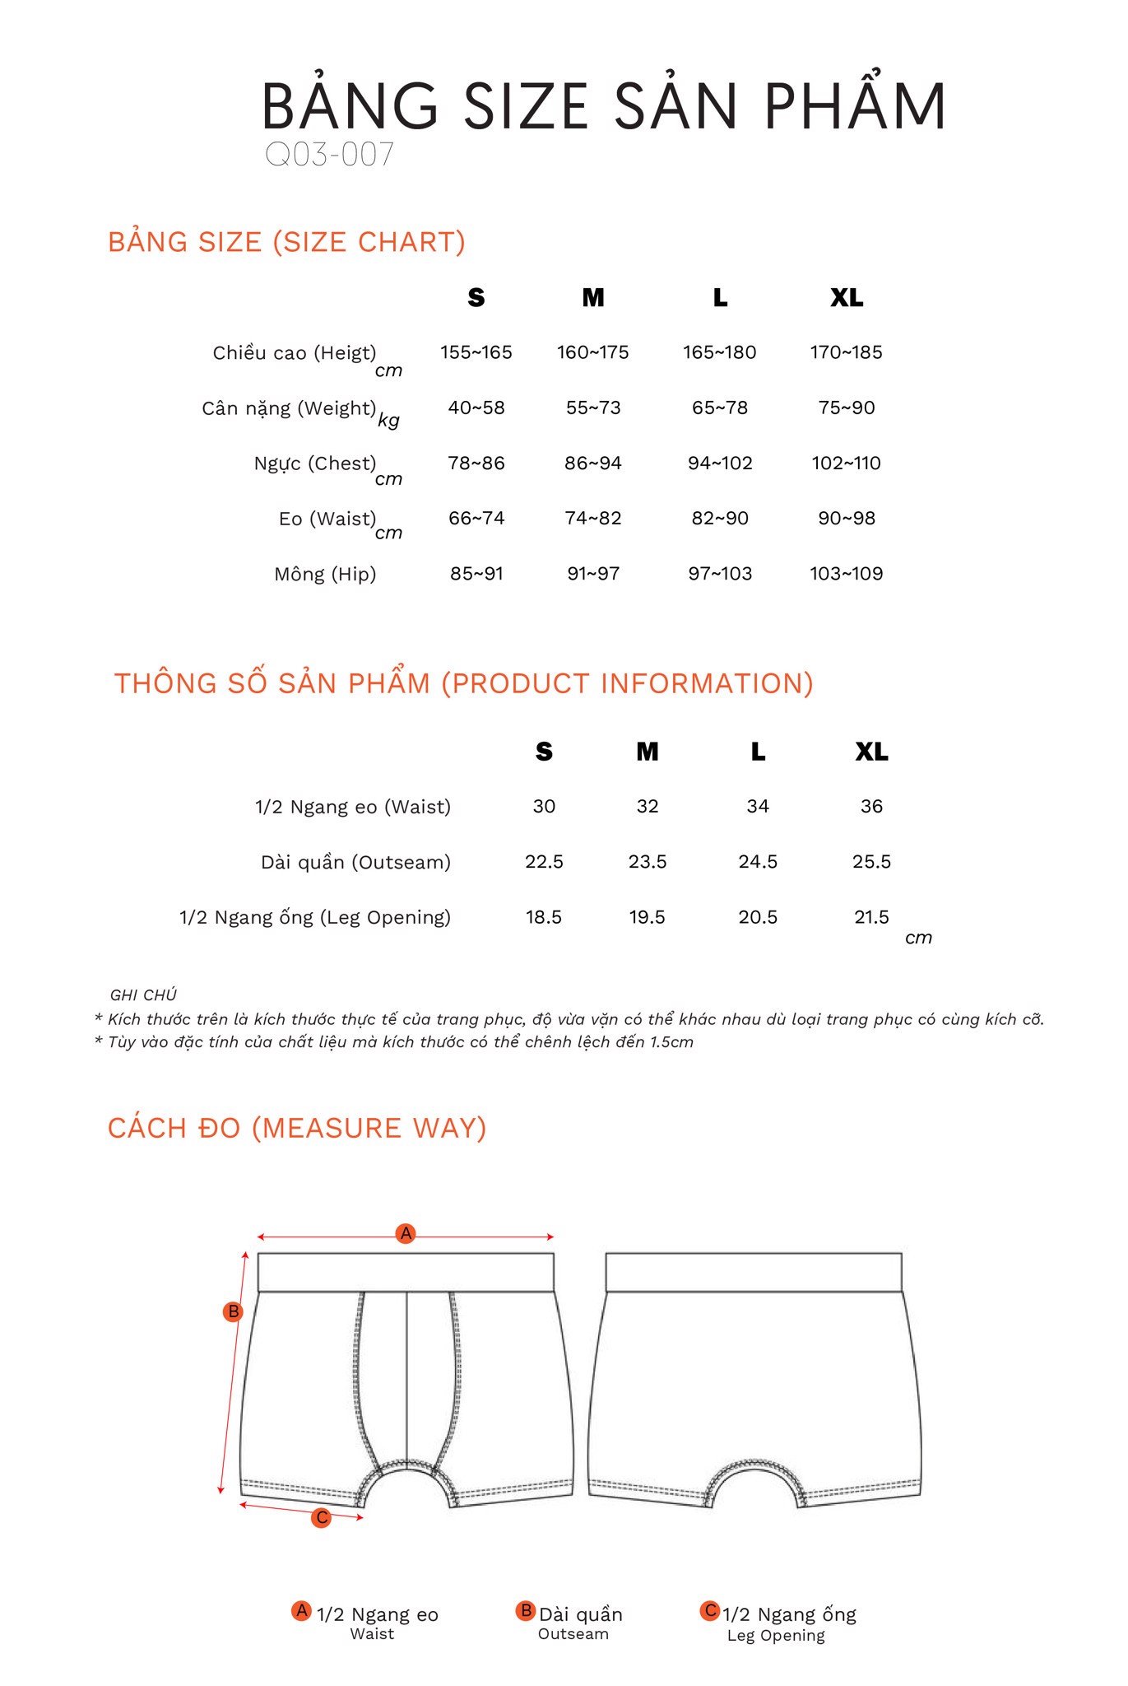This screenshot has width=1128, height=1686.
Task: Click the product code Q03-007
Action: [329, 155]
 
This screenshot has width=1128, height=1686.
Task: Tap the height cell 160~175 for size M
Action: [592, 352]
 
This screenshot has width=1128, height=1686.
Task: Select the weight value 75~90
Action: [846, 408]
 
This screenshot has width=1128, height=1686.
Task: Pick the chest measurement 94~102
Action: [720, 463]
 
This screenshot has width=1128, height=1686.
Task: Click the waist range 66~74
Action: [476, 518]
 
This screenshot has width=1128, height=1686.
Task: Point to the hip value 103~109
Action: [846, 573]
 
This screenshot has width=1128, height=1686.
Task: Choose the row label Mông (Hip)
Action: [325, 574]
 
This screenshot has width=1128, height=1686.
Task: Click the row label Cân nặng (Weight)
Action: [289, 408]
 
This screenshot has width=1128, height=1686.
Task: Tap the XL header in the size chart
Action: [847, 297]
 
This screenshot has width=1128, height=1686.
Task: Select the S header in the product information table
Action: [544, 751]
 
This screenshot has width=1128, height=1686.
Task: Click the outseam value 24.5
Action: [758, 861]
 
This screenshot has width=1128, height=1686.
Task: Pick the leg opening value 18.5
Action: [544, 917]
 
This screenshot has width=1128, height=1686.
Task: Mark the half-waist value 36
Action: [871, 806]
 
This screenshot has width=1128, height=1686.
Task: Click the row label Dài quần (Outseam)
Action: [355, 862]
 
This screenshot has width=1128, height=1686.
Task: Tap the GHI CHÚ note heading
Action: [143, 994]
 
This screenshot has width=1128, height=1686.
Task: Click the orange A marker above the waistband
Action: [406, 1233]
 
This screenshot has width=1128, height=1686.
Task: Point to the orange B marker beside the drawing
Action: [234, 1311]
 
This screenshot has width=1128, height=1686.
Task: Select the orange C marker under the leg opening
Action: [322, 1517]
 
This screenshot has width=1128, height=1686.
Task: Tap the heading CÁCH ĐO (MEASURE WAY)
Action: [297, 1128]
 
